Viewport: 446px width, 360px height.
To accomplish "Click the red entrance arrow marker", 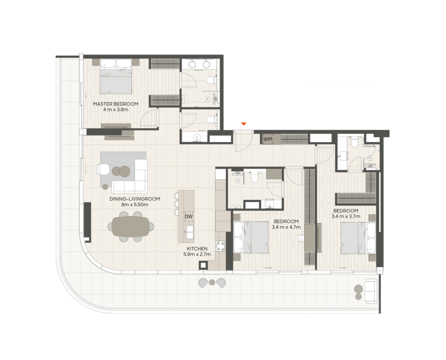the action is pos(244,124).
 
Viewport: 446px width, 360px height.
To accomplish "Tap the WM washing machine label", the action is pos(267,139).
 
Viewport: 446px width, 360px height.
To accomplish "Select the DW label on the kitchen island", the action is pos(189,216).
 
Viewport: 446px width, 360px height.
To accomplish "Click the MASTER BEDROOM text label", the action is pos(116,104).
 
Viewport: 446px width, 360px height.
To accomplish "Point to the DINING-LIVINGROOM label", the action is pos(135,199).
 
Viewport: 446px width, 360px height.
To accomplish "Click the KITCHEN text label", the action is pos(197,249).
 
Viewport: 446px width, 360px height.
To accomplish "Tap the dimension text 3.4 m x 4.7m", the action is pos(286,227).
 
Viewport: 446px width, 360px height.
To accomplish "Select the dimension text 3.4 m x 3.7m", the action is pos(346,216).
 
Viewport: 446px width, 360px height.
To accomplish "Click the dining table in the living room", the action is pos(131,226).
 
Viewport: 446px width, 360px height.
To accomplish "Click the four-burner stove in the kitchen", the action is pos(220,246).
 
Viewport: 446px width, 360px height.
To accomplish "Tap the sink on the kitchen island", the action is pos(189,232).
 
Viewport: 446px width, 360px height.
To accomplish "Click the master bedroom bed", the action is pos(116,76).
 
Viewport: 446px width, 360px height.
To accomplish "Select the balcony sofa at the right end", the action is pos(371,291).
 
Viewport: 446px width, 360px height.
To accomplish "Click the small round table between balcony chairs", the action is pos(212,282).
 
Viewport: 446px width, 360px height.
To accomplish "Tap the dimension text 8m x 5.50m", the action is pos(135,205).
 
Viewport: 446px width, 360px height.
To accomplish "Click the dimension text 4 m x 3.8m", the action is pos(116,110).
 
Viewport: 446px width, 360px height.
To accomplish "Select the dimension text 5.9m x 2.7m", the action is pos(197,254).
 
